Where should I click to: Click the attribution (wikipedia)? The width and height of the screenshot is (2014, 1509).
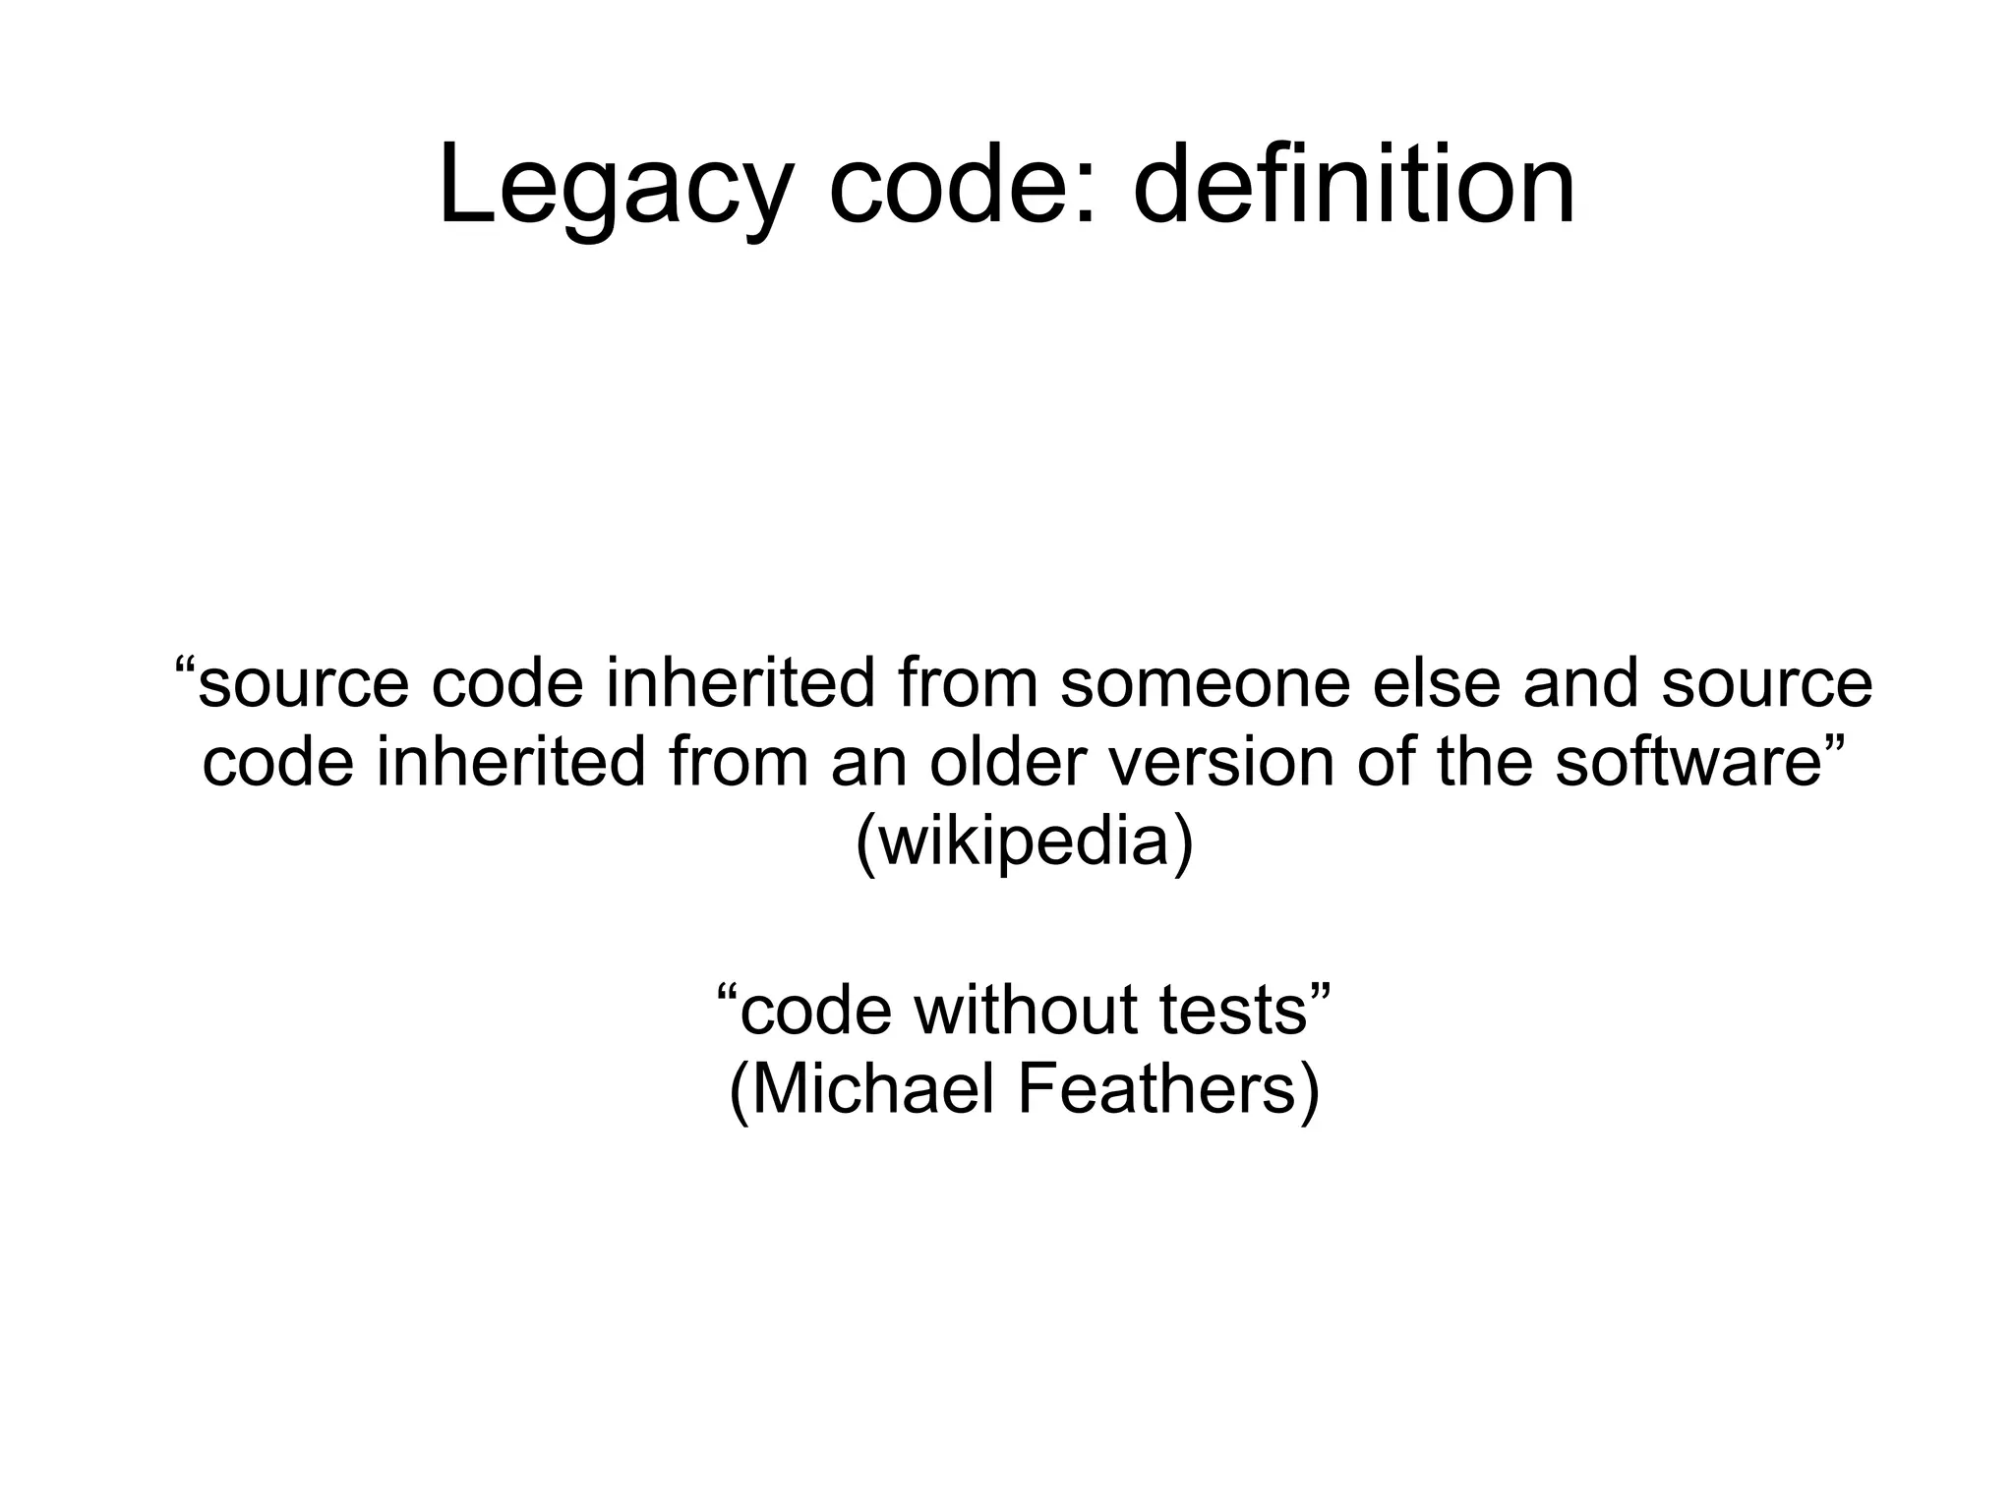tap(1024, 843)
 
